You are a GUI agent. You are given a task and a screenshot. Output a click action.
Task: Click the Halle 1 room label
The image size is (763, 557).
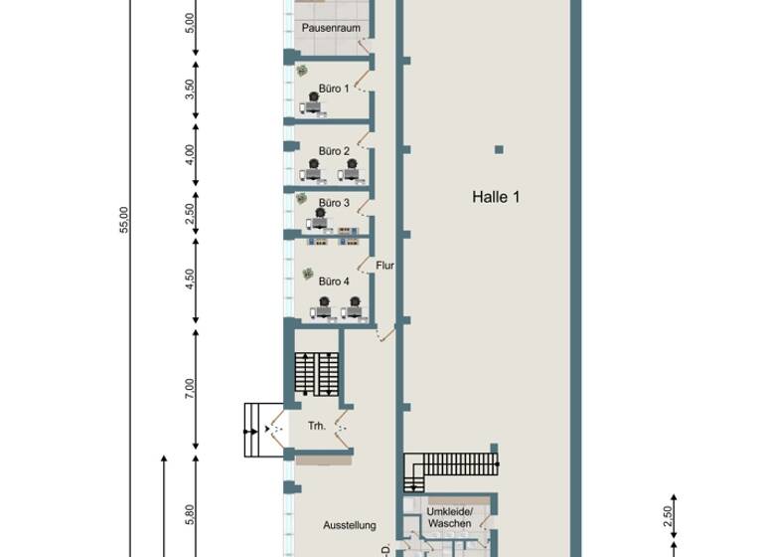496,197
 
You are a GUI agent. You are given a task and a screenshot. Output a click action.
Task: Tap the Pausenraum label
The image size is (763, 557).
331,28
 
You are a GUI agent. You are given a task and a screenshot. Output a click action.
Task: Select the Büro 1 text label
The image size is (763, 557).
334,89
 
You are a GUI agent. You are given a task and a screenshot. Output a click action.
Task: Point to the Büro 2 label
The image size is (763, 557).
334,151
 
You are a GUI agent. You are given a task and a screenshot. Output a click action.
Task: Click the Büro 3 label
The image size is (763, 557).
334,203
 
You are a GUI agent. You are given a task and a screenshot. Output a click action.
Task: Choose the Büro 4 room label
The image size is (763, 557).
334,281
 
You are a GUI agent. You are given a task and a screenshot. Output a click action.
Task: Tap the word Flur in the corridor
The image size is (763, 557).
385,266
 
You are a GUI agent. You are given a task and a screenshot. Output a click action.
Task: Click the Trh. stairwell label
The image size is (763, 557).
317,426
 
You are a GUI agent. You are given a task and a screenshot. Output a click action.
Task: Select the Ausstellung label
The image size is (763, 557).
350,525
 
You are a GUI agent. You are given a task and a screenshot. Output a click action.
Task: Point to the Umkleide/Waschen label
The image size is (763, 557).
449,517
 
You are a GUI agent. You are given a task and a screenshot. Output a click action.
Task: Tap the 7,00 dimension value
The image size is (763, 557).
190,388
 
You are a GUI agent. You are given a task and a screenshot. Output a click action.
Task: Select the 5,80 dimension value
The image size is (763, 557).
190,514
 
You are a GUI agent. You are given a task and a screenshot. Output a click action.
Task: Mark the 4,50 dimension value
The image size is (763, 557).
190,279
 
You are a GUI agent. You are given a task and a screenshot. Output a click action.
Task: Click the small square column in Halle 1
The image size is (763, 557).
499,150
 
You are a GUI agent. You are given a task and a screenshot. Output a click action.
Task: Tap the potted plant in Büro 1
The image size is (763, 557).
301,71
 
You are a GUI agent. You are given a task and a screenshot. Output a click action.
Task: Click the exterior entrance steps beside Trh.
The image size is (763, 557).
260,430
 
